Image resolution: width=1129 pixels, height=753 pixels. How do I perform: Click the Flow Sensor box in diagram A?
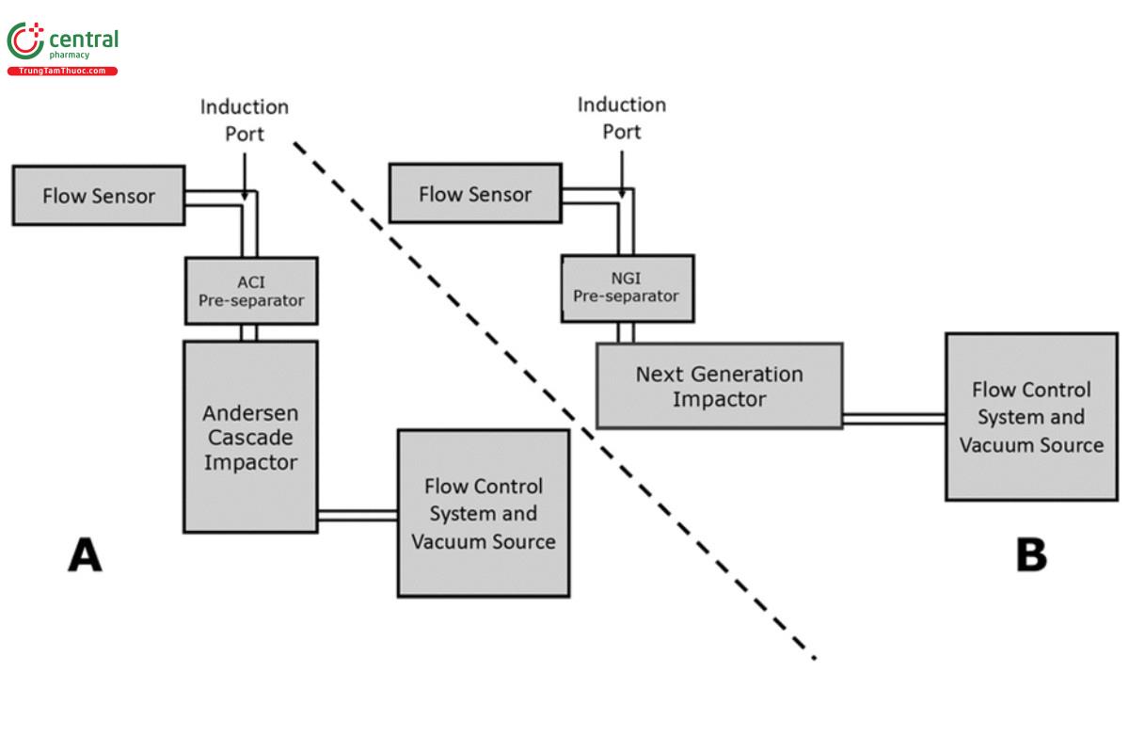pyautogui.click(x=99, y=196)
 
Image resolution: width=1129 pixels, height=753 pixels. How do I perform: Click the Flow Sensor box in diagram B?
pyautogui.click(x=474, y=195)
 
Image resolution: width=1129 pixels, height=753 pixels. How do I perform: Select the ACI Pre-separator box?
pyautogui.click(x=250, y=290)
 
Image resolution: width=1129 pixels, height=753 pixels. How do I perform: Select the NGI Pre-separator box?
pyautogui.click(x=627, y=288)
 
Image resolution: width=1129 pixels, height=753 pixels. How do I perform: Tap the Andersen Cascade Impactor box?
pyautogui.click(x=250, y=437)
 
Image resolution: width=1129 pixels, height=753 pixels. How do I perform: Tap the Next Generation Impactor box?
pyautogui.click(x=719, y=386)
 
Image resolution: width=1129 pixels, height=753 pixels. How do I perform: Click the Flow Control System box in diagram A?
pyautogui.click(x=483, y=513)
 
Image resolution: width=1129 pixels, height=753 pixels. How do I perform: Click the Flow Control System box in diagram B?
pyautogui.click(x=1031, y=416)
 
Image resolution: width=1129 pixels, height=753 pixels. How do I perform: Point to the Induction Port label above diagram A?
pyautogui.click(x=244, y=120)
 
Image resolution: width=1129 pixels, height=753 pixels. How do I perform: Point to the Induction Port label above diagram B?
pyautogui.click(x=621, y=118)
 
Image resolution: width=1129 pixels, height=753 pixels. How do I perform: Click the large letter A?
pyautogui.click(x=85, y=555)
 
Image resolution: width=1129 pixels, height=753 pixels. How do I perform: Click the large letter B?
pyautogui.click(x=1031, y=555)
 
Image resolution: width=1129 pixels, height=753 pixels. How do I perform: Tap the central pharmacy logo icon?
pyautogui.click(x=25, y=41)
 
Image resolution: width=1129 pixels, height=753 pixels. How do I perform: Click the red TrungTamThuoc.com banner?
pyautogui.click(x=62, y=72)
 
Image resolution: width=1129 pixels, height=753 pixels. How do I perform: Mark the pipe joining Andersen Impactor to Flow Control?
pyautogui.click(x=358, y=514)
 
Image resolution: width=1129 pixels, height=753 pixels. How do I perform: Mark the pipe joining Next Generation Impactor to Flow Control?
pyautogui.click(x=894, y=419)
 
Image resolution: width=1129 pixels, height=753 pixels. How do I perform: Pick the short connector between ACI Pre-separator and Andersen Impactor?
pyautogui.click(x=249, y=332)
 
